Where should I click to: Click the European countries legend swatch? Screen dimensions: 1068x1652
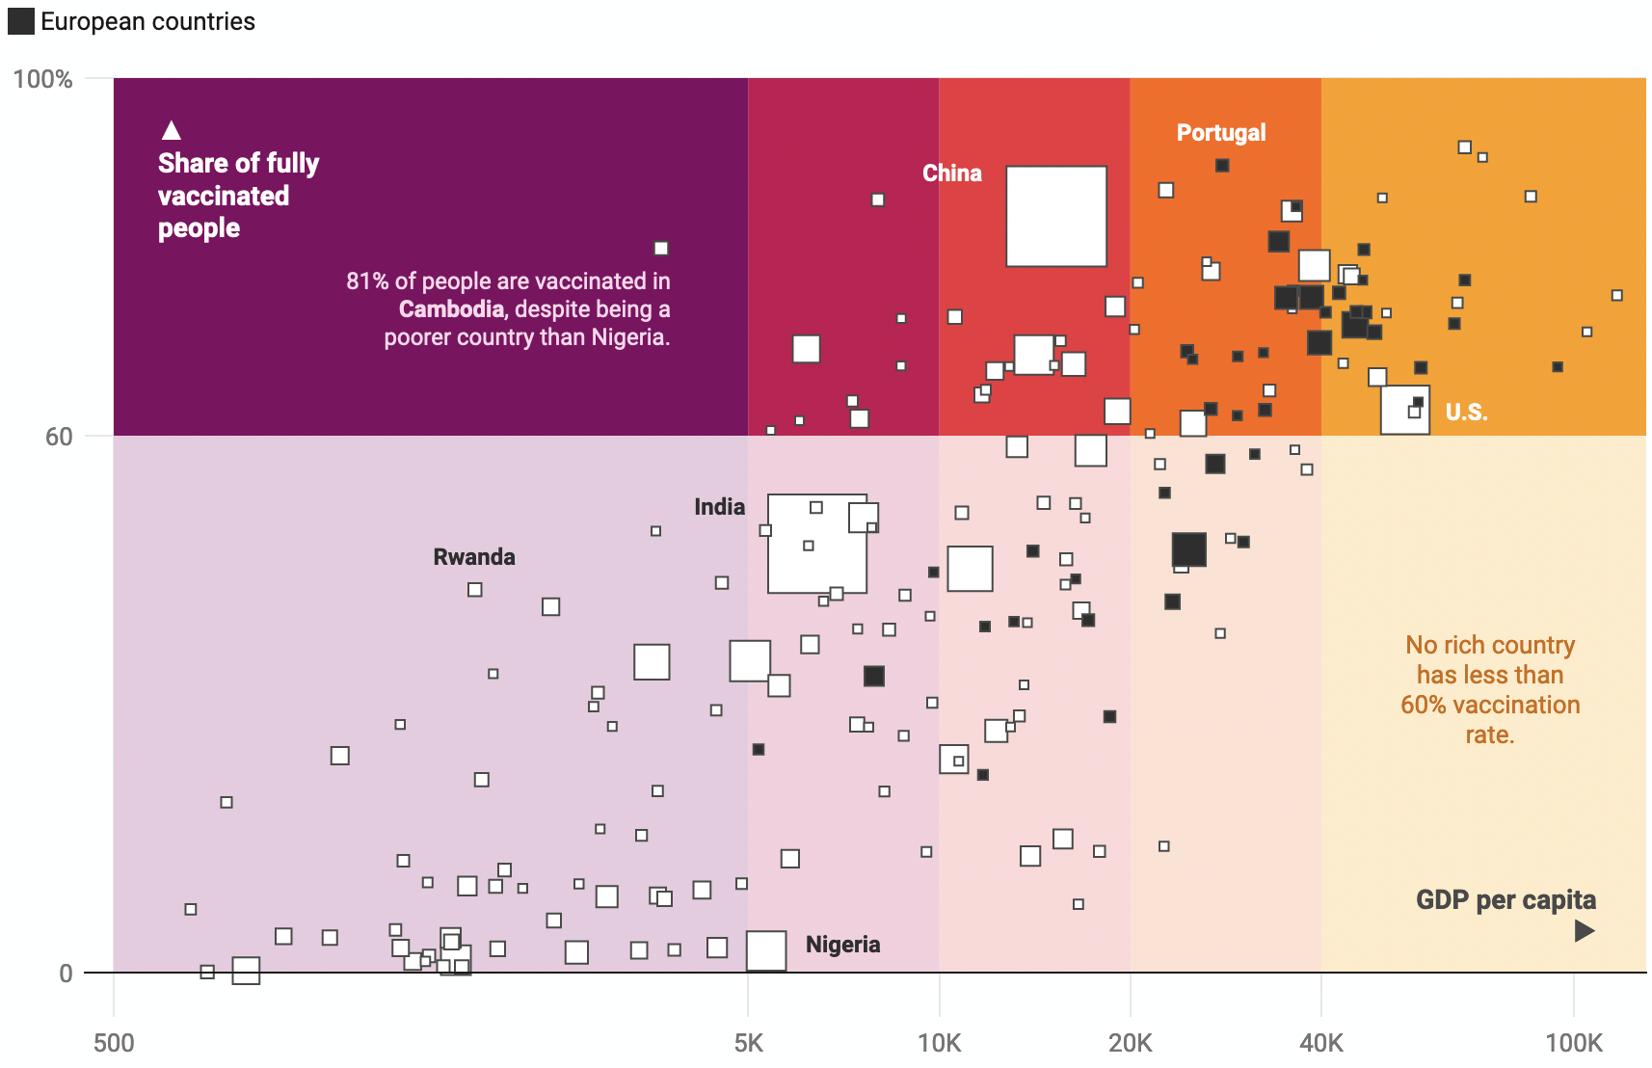coord(20,21)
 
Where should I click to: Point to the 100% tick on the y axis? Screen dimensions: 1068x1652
coord(43,79)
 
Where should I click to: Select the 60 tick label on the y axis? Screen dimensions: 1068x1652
coord(59,437)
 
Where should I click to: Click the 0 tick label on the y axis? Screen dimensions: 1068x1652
coord(66,974)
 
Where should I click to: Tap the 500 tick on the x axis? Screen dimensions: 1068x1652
coord(114,1043)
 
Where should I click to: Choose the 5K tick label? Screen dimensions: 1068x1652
coord(748,1043)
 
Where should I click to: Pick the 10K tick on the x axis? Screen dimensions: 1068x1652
coord(939,1043)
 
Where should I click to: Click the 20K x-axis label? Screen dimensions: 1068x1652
coord(1130,1043)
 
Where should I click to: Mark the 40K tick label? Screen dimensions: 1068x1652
coord(1320,1043)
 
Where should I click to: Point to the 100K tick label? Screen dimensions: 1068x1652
coord(1573,1043)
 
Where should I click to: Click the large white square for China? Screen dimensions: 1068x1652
coord(1056,216)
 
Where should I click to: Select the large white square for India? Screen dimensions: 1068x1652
coord(816,544)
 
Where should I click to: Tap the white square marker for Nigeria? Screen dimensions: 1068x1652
coord(766,950)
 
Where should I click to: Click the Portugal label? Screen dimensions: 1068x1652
coord(1220,133)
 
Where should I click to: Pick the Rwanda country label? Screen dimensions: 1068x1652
coord(473,557)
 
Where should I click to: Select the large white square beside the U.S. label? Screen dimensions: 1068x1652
coord(1404,410)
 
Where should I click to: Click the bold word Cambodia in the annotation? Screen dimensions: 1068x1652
coord(451,309)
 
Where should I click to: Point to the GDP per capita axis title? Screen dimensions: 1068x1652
coord(1505,900)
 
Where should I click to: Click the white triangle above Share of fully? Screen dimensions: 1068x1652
coord(172,130)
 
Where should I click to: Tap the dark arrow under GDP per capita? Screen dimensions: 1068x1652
coord(1584,930)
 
